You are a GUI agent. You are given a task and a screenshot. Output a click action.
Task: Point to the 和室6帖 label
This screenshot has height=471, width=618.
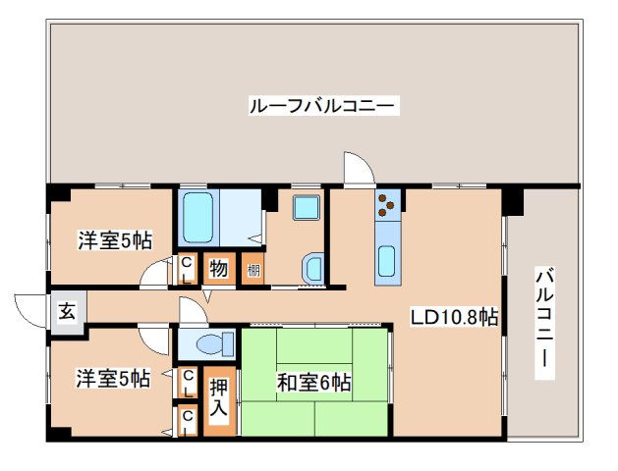[314, 382]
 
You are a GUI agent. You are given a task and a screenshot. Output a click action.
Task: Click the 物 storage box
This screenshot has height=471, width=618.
[218, 268]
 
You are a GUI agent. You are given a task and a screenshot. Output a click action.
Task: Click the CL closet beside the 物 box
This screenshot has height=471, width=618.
[187, 268]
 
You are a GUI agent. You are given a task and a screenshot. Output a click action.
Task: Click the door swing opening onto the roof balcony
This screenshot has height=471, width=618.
[358, 169]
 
